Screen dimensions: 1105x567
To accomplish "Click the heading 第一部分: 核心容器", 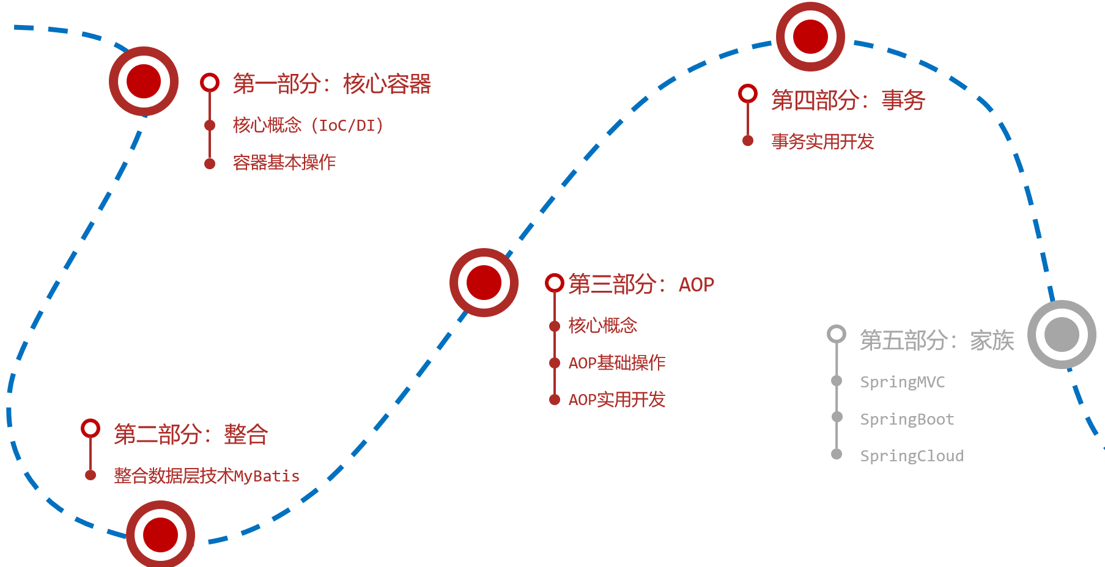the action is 332,84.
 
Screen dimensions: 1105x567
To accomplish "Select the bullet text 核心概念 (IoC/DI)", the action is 309,125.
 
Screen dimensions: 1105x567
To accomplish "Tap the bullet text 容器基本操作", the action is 284,163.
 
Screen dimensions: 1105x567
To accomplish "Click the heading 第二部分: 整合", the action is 191,434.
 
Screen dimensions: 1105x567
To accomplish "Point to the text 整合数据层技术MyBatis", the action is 207,475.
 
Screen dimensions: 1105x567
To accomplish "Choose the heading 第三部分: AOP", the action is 641,284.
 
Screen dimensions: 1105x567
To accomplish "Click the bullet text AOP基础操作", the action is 617,363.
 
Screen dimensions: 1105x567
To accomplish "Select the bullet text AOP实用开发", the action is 617,400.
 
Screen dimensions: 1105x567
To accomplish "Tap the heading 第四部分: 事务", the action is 848,100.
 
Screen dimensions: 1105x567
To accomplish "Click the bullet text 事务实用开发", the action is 822,142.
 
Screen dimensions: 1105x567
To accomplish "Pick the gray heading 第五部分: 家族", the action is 937,340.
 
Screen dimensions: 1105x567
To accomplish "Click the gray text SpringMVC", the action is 903,382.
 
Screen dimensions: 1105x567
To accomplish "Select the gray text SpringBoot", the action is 907,419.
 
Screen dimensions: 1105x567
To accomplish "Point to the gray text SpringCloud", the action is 912,456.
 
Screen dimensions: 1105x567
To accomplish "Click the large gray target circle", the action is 1062,334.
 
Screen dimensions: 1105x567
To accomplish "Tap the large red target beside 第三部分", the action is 484,282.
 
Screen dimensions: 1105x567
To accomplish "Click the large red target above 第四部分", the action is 810,37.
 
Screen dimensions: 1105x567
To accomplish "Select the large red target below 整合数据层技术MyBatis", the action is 160,535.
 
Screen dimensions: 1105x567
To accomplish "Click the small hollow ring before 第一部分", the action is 210,82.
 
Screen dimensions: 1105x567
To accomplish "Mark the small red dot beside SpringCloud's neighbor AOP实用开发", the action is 555,400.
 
